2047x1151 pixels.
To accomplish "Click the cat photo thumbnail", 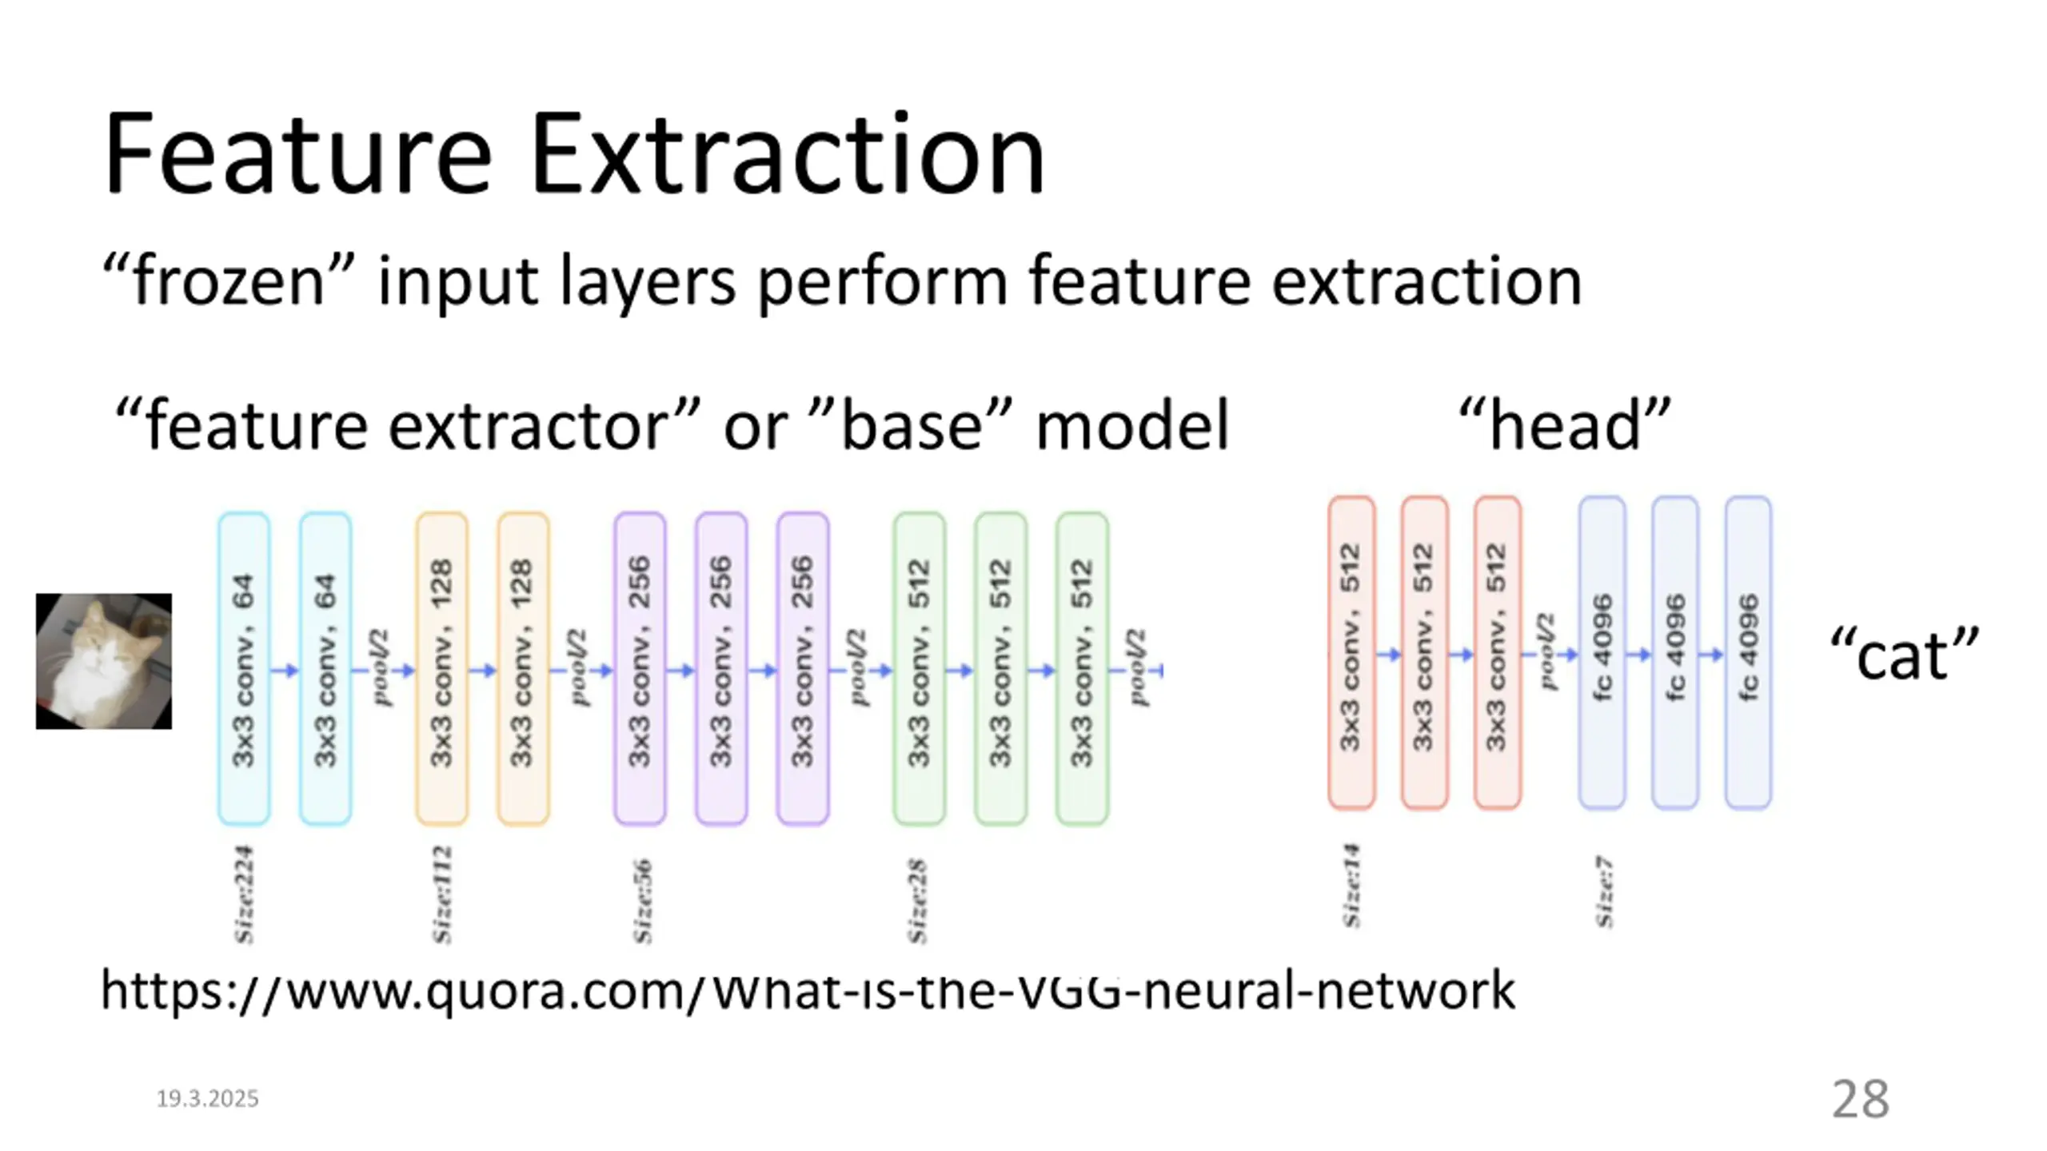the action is point(104,661).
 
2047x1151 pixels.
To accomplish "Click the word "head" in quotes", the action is point(1565,426).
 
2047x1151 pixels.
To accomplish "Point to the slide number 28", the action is point(1860,1099).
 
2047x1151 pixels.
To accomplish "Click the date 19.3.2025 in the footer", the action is point(207,1099).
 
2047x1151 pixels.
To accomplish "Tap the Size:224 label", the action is point(244,894).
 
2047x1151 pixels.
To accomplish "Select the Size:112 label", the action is point(442,894).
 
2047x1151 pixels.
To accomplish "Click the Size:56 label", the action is point(642,901).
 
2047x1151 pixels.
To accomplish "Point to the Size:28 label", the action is point(917,901).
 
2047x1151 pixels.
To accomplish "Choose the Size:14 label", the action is point(1351,886).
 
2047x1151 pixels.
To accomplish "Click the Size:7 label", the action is point(1604,892).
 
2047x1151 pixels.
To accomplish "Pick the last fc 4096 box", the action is point(1748,652).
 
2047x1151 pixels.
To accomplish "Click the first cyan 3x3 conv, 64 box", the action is point(244,669).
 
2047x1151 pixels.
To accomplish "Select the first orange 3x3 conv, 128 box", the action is point(441,669).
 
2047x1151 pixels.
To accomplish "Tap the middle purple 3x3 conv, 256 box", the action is point(721,669).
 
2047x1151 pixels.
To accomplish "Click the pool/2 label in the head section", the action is point(1547,651).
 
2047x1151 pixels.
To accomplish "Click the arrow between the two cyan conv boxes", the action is point(285,670).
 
